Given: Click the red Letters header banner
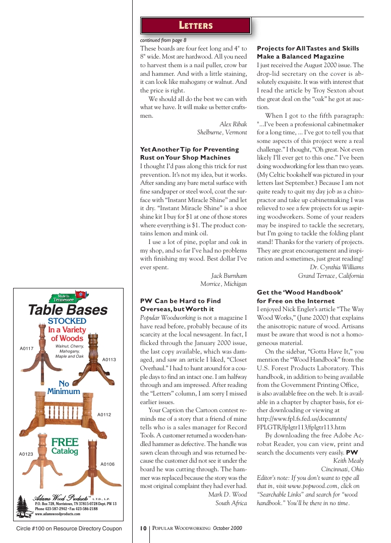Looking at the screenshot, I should [196, 25].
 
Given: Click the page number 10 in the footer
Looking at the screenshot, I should [143, 528].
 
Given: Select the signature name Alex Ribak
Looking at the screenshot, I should [233, 124].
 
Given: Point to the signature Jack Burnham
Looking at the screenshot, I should [229, 276].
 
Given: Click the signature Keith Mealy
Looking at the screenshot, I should [348, 461].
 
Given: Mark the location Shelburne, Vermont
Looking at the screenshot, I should [221, 133].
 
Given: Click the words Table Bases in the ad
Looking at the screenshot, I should [68, 310].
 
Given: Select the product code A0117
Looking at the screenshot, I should [26, 349].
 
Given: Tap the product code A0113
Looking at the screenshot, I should [109, 360].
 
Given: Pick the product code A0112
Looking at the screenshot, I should [104, 415].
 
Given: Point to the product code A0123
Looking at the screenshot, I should [26, 454].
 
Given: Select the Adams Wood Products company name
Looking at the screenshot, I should [61, 499].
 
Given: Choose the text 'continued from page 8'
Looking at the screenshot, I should [163, 39].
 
